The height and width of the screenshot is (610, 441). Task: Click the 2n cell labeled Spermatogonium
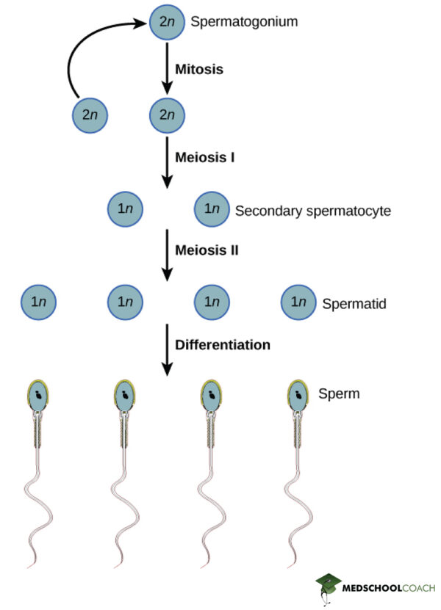click(x=167, y=21)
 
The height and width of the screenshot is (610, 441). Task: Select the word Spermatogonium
click(x=243, y=21)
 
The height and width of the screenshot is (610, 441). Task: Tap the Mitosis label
click(x=198, y=70)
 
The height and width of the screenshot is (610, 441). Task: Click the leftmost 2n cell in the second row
click(x=90, y=115)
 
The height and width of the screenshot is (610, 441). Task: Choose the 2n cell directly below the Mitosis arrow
click(x=167, y=115)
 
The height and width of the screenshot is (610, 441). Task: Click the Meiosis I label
click(x=204, y=156)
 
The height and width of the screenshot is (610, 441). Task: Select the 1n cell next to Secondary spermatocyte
click(x=212, y=209)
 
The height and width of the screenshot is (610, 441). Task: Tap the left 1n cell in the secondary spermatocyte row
click(x=125, y=209)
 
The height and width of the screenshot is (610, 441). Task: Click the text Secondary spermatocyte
click(x=312, y=211)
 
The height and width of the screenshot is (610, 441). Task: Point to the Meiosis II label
click(x=206, y=250)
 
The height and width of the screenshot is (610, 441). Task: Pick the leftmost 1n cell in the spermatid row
click(x=39, y=302)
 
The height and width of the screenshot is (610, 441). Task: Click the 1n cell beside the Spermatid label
click(x=298, y=302)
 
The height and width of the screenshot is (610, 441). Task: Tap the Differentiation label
click(x=222, y=344)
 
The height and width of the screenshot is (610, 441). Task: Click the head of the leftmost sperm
click(x=37, y=396)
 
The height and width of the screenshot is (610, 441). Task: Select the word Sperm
click(x=339, y=393)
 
